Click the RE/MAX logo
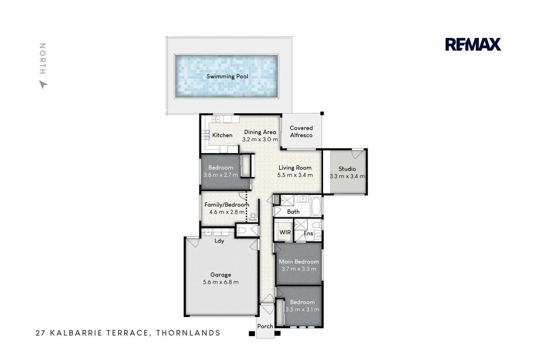473,45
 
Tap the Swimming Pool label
227,76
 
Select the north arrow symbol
43,84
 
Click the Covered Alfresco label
301,132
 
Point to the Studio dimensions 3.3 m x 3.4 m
347,176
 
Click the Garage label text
221,275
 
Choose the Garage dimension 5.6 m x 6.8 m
221,282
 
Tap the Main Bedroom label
299,261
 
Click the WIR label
285,232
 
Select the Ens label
308,233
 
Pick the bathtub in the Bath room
316,206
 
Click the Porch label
265,326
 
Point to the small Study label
253,220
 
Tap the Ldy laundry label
219,241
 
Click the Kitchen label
222,135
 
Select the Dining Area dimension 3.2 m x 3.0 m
260,139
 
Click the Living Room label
295,168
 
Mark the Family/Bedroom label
226,204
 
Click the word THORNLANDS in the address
188,333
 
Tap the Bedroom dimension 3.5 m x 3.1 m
302,309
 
